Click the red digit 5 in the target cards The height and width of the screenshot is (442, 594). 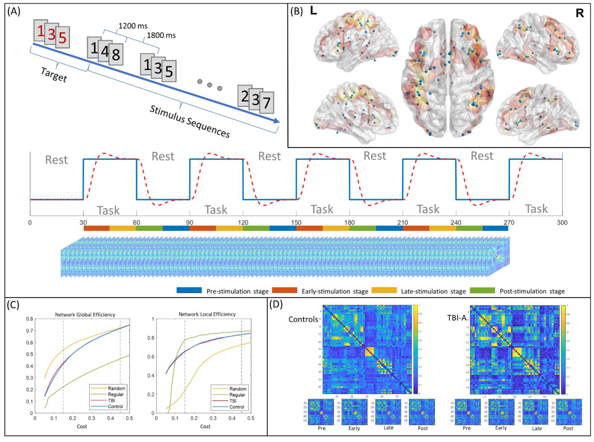62,38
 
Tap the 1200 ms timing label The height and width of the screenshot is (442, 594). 133,26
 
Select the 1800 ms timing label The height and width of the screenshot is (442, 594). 161,35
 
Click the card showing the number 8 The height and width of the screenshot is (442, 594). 116,55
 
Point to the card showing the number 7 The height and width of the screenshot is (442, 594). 266,103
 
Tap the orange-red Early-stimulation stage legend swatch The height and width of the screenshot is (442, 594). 284,290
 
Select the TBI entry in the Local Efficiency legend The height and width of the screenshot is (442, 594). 233,401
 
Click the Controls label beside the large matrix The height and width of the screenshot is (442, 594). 303,320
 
